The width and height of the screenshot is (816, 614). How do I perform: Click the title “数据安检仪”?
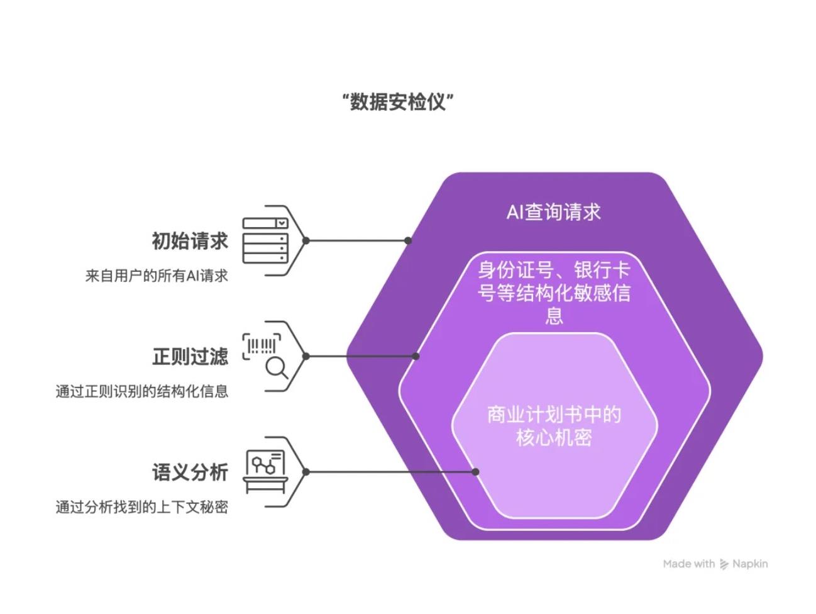click(398, 101)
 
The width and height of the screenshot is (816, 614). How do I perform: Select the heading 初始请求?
click(190, 241)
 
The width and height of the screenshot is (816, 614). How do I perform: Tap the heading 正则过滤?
click(190, 357)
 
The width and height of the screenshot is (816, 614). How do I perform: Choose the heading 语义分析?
click(190, 472)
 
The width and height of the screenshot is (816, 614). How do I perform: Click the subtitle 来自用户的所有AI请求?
click(157, 276)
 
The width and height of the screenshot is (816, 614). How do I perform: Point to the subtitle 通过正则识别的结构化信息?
click(141, 391)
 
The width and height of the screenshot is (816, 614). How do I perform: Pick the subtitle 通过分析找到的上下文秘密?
click(141, 507)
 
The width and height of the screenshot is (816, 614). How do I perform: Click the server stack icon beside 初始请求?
click(265, 240)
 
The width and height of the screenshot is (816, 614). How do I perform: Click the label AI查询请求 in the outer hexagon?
click(554, 212)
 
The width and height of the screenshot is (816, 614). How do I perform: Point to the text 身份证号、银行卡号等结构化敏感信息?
click(554, 293)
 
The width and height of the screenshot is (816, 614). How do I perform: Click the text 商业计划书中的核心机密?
click(554, 426)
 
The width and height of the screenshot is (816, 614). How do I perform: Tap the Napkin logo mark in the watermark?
click(724, 564)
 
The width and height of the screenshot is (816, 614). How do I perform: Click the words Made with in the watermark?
click(689, 564)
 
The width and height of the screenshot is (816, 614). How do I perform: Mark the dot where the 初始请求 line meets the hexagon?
click(408, 240)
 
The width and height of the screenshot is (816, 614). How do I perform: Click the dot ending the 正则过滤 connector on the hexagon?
click(416, 356)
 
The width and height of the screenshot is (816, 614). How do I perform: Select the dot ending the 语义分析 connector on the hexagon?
click(475, 472)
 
